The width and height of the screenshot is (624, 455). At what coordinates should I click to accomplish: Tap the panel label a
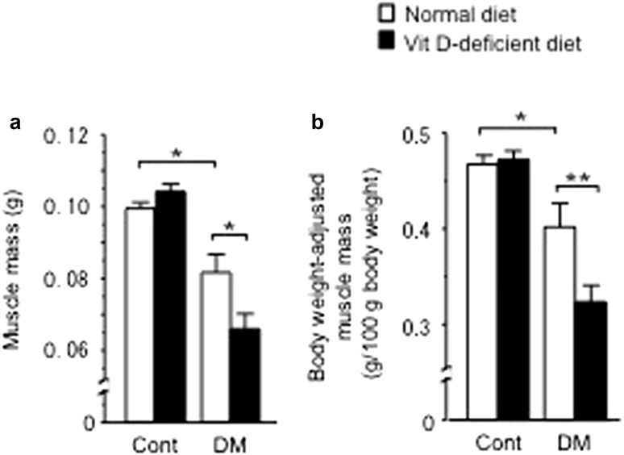(14, 123)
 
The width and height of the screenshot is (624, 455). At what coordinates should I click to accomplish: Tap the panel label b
(320, 123)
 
